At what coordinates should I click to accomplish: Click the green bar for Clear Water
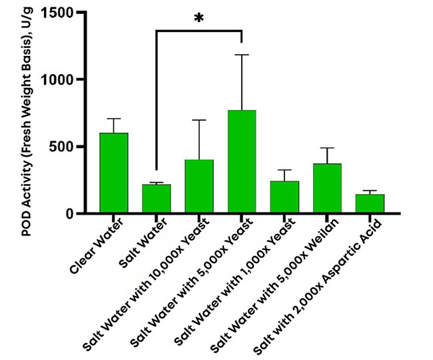pyautogui.click(x=113, y=173)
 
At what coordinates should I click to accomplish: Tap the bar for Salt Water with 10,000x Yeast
pyautogui.click(x=199, y=187)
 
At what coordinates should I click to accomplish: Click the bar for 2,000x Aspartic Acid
pyautogui.click(x=369, y=204)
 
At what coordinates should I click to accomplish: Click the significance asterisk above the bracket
pyautogui.click(x=199, y=19)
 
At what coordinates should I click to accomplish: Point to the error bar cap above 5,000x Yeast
pyautogui.click(x=241, y=55)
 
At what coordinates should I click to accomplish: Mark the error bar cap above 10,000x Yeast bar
pyautogui.click(x=199, y=120)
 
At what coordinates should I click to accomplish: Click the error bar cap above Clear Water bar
pyautogui.click(x=113, y=119)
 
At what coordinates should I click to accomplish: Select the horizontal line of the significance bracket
pyautogui.click(x=199, y=30)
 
